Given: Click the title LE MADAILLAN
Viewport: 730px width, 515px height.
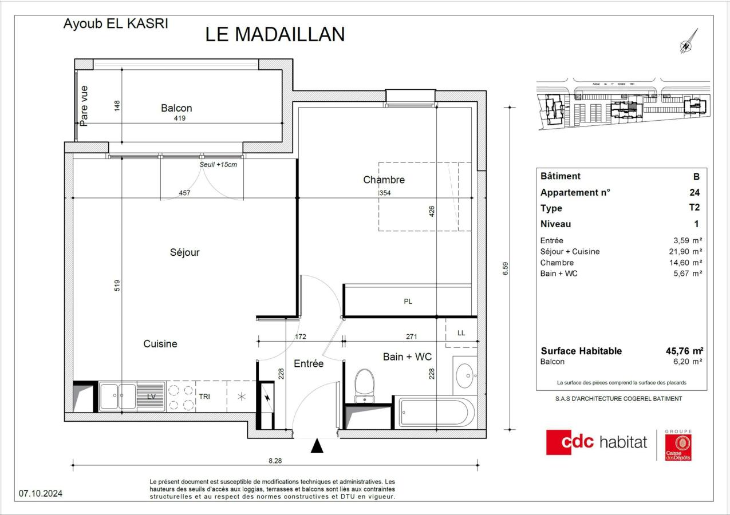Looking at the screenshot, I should click(x=275, y=34).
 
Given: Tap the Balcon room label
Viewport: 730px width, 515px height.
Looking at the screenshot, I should click(x=176, y=108).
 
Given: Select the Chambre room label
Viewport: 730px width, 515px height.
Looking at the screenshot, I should click(x=384, y=180).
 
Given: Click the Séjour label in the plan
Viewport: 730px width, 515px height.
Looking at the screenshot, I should click(x=184, y=252).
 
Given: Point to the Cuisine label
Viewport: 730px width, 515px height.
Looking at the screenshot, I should click(x=160, y=344).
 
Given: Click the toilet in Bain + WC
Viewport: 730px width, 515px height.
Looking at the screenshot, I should click(x=364, y=385).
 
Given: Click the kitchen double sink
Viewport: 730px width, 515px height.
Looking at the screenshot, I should click(x=118, y=396).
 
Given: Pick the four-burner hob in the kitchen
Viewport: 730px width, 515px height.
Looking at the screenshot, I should click(x=180, y=397).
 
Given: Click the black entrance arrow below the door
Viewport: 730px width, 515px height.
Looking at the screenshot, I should click(x=317, y=446).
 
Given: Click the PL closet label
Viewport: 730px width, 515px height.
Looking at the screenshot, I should click(x=408, y=302).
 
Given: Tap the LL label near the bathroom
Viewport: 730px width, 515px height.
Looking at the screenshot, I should click(x=461, y=332).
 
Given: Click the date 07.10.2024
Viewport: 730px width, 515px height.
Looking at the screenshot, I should click(x=41, y=493).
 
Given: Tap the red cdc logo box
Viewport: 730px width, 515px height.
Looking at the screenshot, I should click(x=569, y=442).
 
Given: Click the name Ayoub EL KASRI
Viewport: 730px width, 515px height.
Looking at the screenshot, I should click(x=115, y=25).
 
